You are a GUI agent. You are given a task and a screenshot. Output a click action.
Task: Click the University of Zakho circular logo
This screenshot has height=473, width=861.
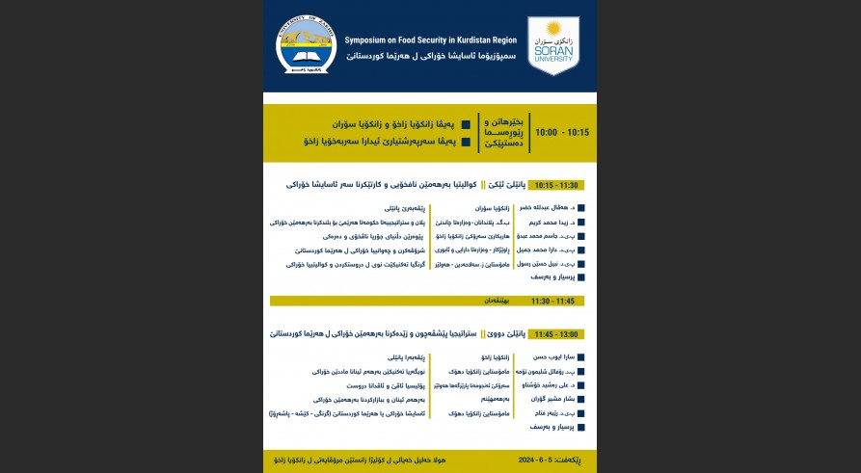(x=306, y=45)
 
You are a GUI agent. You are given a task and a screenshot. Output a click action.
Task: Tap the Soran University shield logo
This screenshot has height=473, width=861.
(x=552, y=45)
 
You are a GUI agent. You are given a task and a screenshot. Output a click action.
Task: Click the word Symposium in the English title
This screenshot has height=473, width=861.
(x=371, y=40)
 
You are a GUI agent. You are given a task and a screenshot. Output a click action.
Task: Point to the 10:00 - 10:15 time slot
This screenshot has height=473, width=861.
(x=561, y=132)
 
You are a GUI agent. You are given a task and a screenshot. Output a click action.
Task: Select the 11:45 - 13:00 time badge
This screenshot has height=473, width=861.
(x=556, y=333)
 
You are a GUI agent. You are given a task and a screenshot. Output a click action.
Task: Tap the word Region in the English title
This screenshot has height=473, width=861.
(x=501, y=40)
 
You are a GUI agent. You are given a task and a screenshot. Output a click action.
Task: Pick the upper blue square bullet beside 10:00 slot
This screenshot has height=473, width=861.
(x=467, y=124)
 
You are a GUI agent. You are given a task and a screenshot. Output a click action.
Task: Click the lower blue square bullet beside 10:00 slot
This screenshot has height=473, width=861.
(x=467, y=142)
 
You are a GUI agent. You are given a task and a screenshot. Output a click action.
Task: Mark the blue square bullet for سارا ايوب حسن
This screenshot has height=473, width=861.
(x=580, y=357)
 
